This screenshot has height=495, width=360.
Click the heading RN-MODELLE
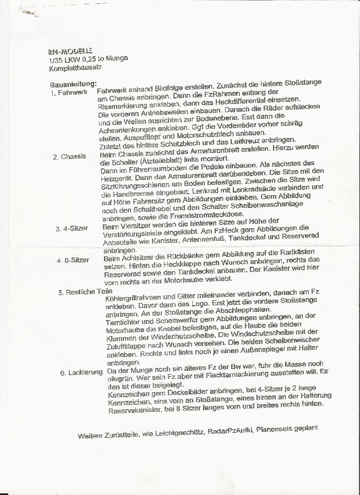click(70, 51)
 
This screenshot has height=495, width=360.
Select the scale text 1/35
click(55, 59)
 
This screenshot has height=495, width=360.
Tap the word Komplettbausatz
click(75, 67)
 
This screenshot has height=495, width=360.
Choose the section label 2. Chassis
click(69, 157)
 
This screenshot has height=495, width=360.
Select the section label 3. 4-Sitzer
click(72, 228)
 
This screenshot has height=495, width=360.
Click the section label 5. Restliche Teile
click(85, 291)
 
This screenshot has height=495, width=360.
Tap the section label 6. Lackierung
click(82, 372)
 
